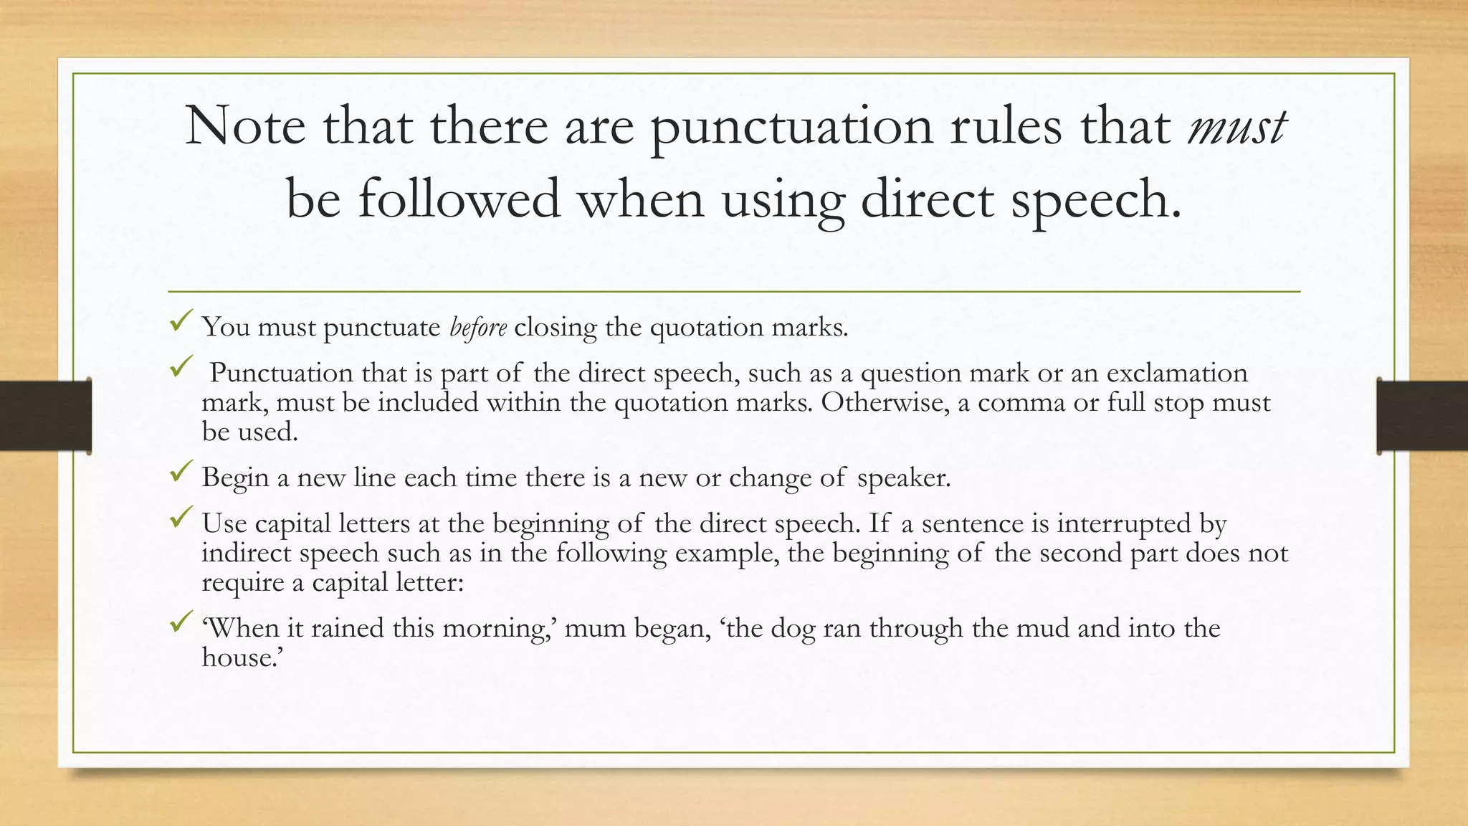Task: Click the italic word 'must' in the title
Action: (x=1236, y=127)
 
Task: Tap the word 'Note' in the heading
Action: (x=245, y=127)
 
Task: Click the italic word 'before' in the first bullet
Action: (x=478, y=327)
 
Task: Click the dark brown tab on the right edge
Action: (x=1422, y=416)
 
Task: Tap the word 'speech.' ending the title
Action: (x=1095, y=200)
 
